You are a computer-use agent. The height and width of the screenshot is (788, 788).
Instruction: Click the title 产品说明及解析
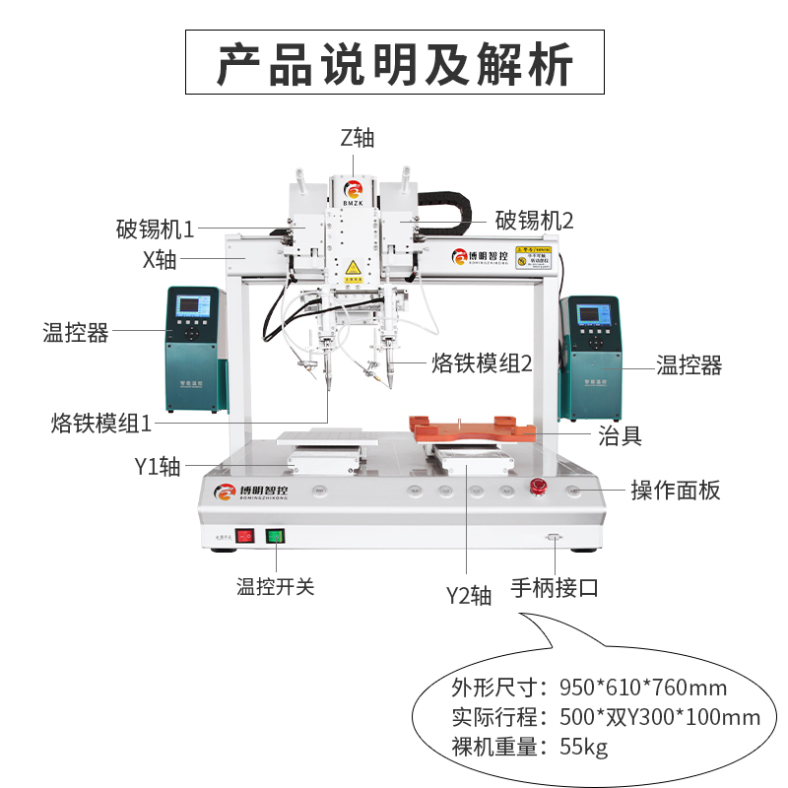click(394, 63)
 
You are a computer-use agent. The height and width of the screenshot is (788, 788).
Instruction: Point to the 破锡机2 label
click(534, 219)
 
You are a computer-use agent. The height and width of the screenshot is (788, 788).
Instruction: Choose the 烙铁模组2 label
click(482, 363)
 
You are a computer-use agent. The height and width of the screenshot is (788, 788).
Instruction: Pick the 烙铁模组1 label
click(101, 424)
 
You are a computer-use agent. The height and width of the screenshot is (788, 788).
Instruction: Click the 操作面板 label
click(676, 490)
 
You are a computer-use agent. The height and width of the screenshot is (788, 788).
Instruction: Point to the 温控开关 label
click(275, 587)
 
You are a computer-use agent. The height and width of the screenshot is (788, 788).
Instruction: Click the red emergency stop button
click(539, 488)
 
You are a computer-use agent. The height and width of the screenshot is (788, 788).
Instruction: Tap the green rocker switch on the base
click(275, 537)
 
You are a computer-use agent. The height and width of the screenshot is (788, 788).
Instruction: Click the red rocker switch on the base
click(244, 537)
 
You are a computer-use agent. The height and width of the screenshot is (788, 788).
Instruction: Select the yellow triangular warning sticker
click(352, 268)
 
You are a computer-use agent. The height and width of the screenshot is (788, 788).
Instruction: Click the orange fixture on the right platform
click(473, 429)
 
